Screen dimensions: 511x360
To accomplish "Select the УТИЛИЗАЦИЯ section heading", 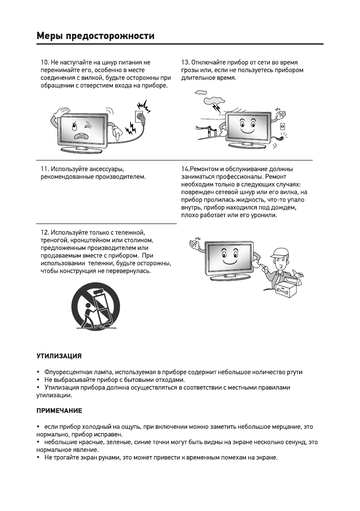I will click(58, 356).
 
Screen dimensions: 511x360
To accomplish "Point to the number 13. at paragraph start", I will click(186, 62).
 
